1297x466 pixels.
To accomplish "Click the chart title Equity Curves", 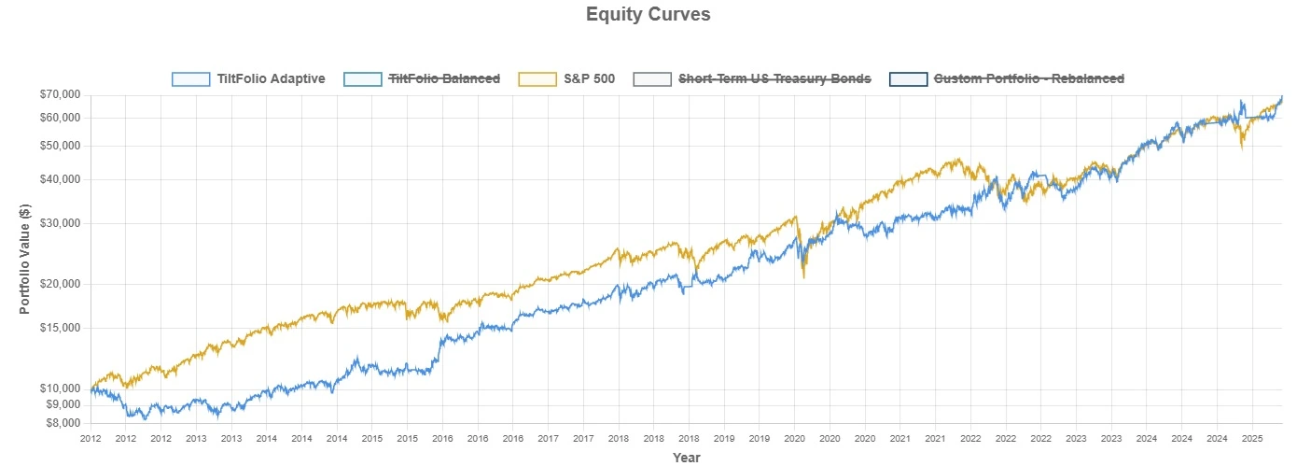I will tap(648, 15).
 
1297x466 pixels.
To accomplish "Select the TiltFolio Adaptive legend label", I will tap(271, 78).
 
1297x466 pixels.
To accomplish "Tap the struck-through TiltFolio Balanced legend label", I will tap(444, 78).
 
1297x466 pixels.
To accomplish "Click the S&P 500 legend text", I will tap(590, 78).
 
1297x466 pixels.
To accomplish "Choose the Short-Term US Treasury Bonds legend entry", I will tap(774, 78).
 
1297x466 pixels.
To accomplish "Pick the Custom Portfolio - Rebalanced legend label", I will tap(1029, 78).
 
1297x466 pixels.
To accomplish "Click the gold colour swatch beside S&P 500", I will tap(537, 78).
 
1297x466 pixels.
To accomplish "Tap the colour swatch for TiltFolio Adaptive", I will tap(191, 78).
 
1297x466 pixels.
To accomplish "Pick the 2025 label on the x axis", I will tap(1252, 437).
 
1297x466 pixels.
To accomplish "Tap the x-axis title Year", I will tap(686, 458).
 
